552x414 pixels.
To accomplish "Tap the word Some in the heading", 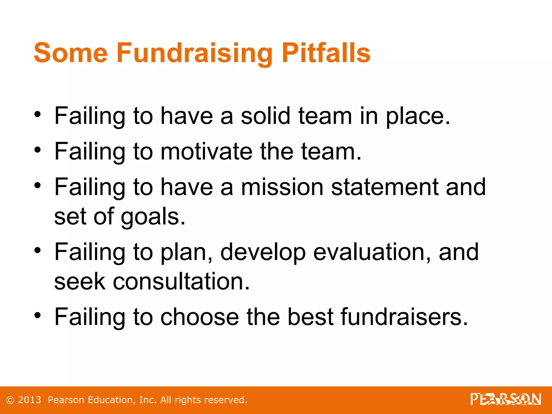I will [71, 53].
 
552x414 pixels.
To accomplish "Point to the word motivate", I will [206, 152].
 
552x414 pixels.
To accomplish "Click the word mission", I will [282, 187].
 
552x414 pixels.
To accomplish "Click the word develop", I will [263, 253].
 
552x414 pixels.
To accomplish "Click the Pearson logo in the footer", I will [506, 399].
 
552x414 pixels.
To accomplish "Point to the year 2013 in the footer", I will [30, 400].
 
